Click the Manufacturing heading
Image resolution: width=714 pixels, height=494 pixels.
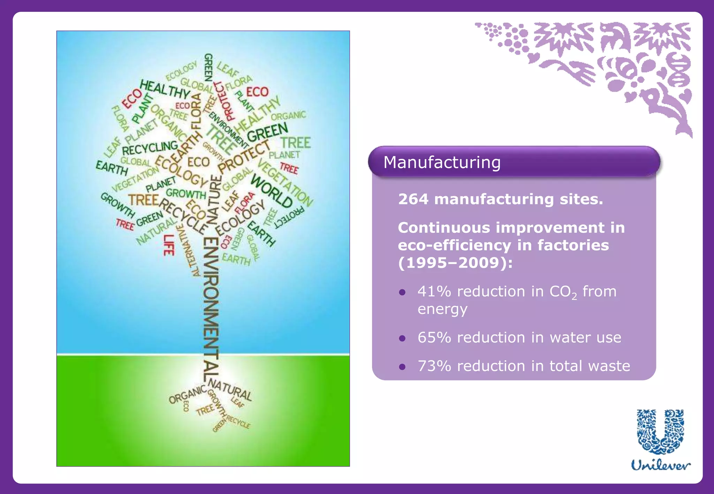[442, 163]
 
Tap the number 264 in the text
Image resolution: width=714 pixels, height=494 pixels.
[413, 199]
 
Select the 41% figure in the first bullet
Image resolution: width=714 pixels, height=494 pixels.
[434, 292]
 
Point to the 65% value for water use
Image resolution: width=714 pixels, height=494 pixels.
[434, 338]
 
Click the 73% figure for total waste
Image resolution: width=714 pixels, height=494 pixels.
[434, 366]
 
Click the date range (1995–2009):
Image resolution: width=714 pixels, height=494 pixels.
[455, 263]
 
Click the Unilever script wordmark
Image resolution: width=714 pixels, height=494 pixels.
[661, 465]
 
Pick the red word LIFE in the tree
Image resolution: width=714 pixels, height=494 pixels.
[169, 245]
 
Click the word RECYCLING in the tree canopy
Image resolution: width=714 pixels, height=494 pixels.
[150, 148]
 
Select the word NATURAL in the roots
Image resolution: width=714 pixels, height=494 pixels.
[230, 390]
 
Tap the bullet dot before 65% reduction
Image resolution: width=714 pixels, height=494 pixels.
[402, 338]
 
